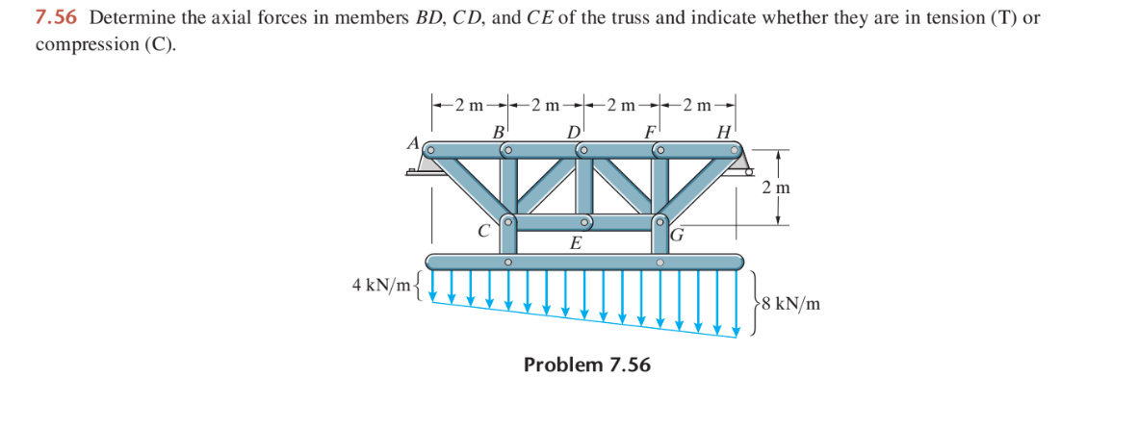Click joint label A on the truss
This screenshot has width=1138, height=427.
[x=413, y=142]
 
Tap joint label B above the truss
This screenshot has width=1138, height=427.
[x=499, y=133]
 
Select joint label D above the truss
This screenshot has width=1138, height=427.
[x=576, y=133]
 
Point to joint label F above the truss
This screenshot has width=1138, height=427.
[x=651, y=133]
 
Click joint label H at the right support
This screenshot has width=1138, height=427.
[x=724, y=133]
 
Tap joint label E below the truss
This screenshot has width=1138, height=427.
[x=575, y=243]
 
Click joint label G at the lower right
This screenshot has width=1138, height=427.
[x=677, y=234]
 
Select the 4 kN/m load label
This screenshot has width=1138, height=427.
[x=380, y=285]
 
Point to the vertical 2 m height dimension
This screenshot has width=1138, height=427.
[x=775, y=188]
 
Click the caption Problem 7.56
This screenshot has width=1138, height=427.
[x=586, y=364]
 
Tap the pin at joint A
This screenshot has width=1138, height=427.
[x=432, y=151]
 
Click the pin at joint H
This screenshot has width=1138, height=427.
[x=735, y=150]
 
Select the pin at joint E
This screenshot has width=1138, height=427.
[x=583, y=222]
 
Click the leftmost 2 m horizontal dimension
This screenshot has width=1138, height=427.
[x=471, y=104]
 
